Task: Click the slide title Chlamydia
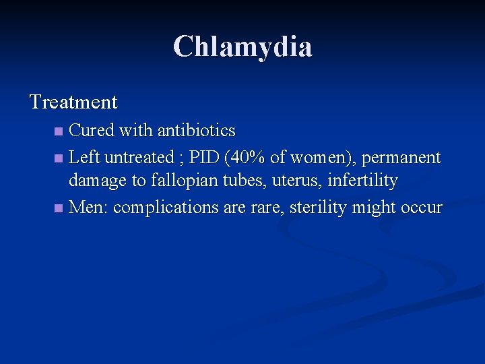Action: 243,47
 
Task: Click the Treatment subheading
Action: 73,102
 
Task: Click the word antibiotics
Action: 196,130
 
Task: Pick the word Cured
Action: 93,130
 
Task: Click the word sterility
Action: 318,208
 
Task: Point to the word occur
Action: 422,208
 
